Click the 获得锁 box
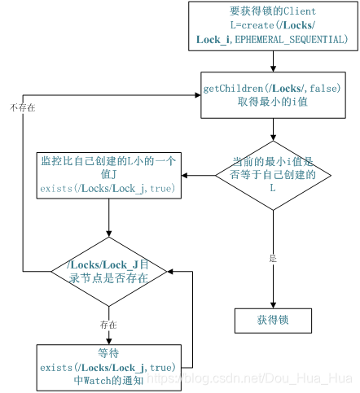[273, 321]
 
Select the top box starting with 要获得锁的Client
[273, 25]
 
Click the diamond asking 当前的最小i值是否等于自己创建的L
[273, 175]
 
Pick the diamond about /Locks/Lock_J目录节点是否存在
[109, 270]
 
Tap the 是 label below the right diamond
[273, 257]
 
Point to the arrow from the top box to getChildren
[273, 59]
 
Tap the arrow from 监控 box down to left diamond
[109, 218]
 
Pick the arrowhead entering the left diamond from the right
[171, 270]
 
